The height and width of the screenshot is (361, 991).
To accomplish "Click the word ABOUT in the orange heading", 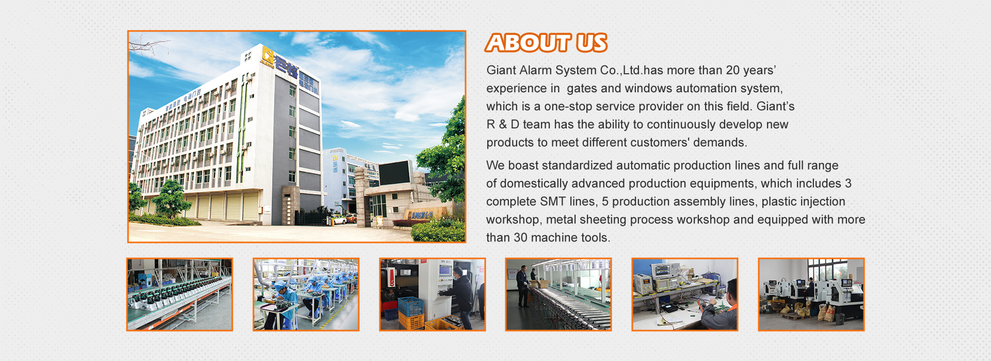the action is pos(528,43).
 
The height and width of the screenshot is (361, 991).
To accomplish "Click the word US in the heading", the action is pos(592,43).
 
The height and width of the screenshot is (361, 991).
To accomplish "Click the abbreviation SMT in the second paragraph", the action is pos(553,202).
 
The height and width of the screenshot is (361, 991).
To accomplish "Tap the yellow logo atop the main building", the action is pos(267,54).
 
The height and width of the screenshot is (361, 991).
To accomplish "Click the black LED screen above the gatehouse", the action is pos(395,173).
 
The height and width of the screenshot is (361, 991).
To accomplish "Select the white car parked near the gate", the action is pos(339,220).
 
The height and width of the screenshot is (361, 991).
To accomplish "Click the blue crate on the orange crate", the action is pos(410,305).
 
